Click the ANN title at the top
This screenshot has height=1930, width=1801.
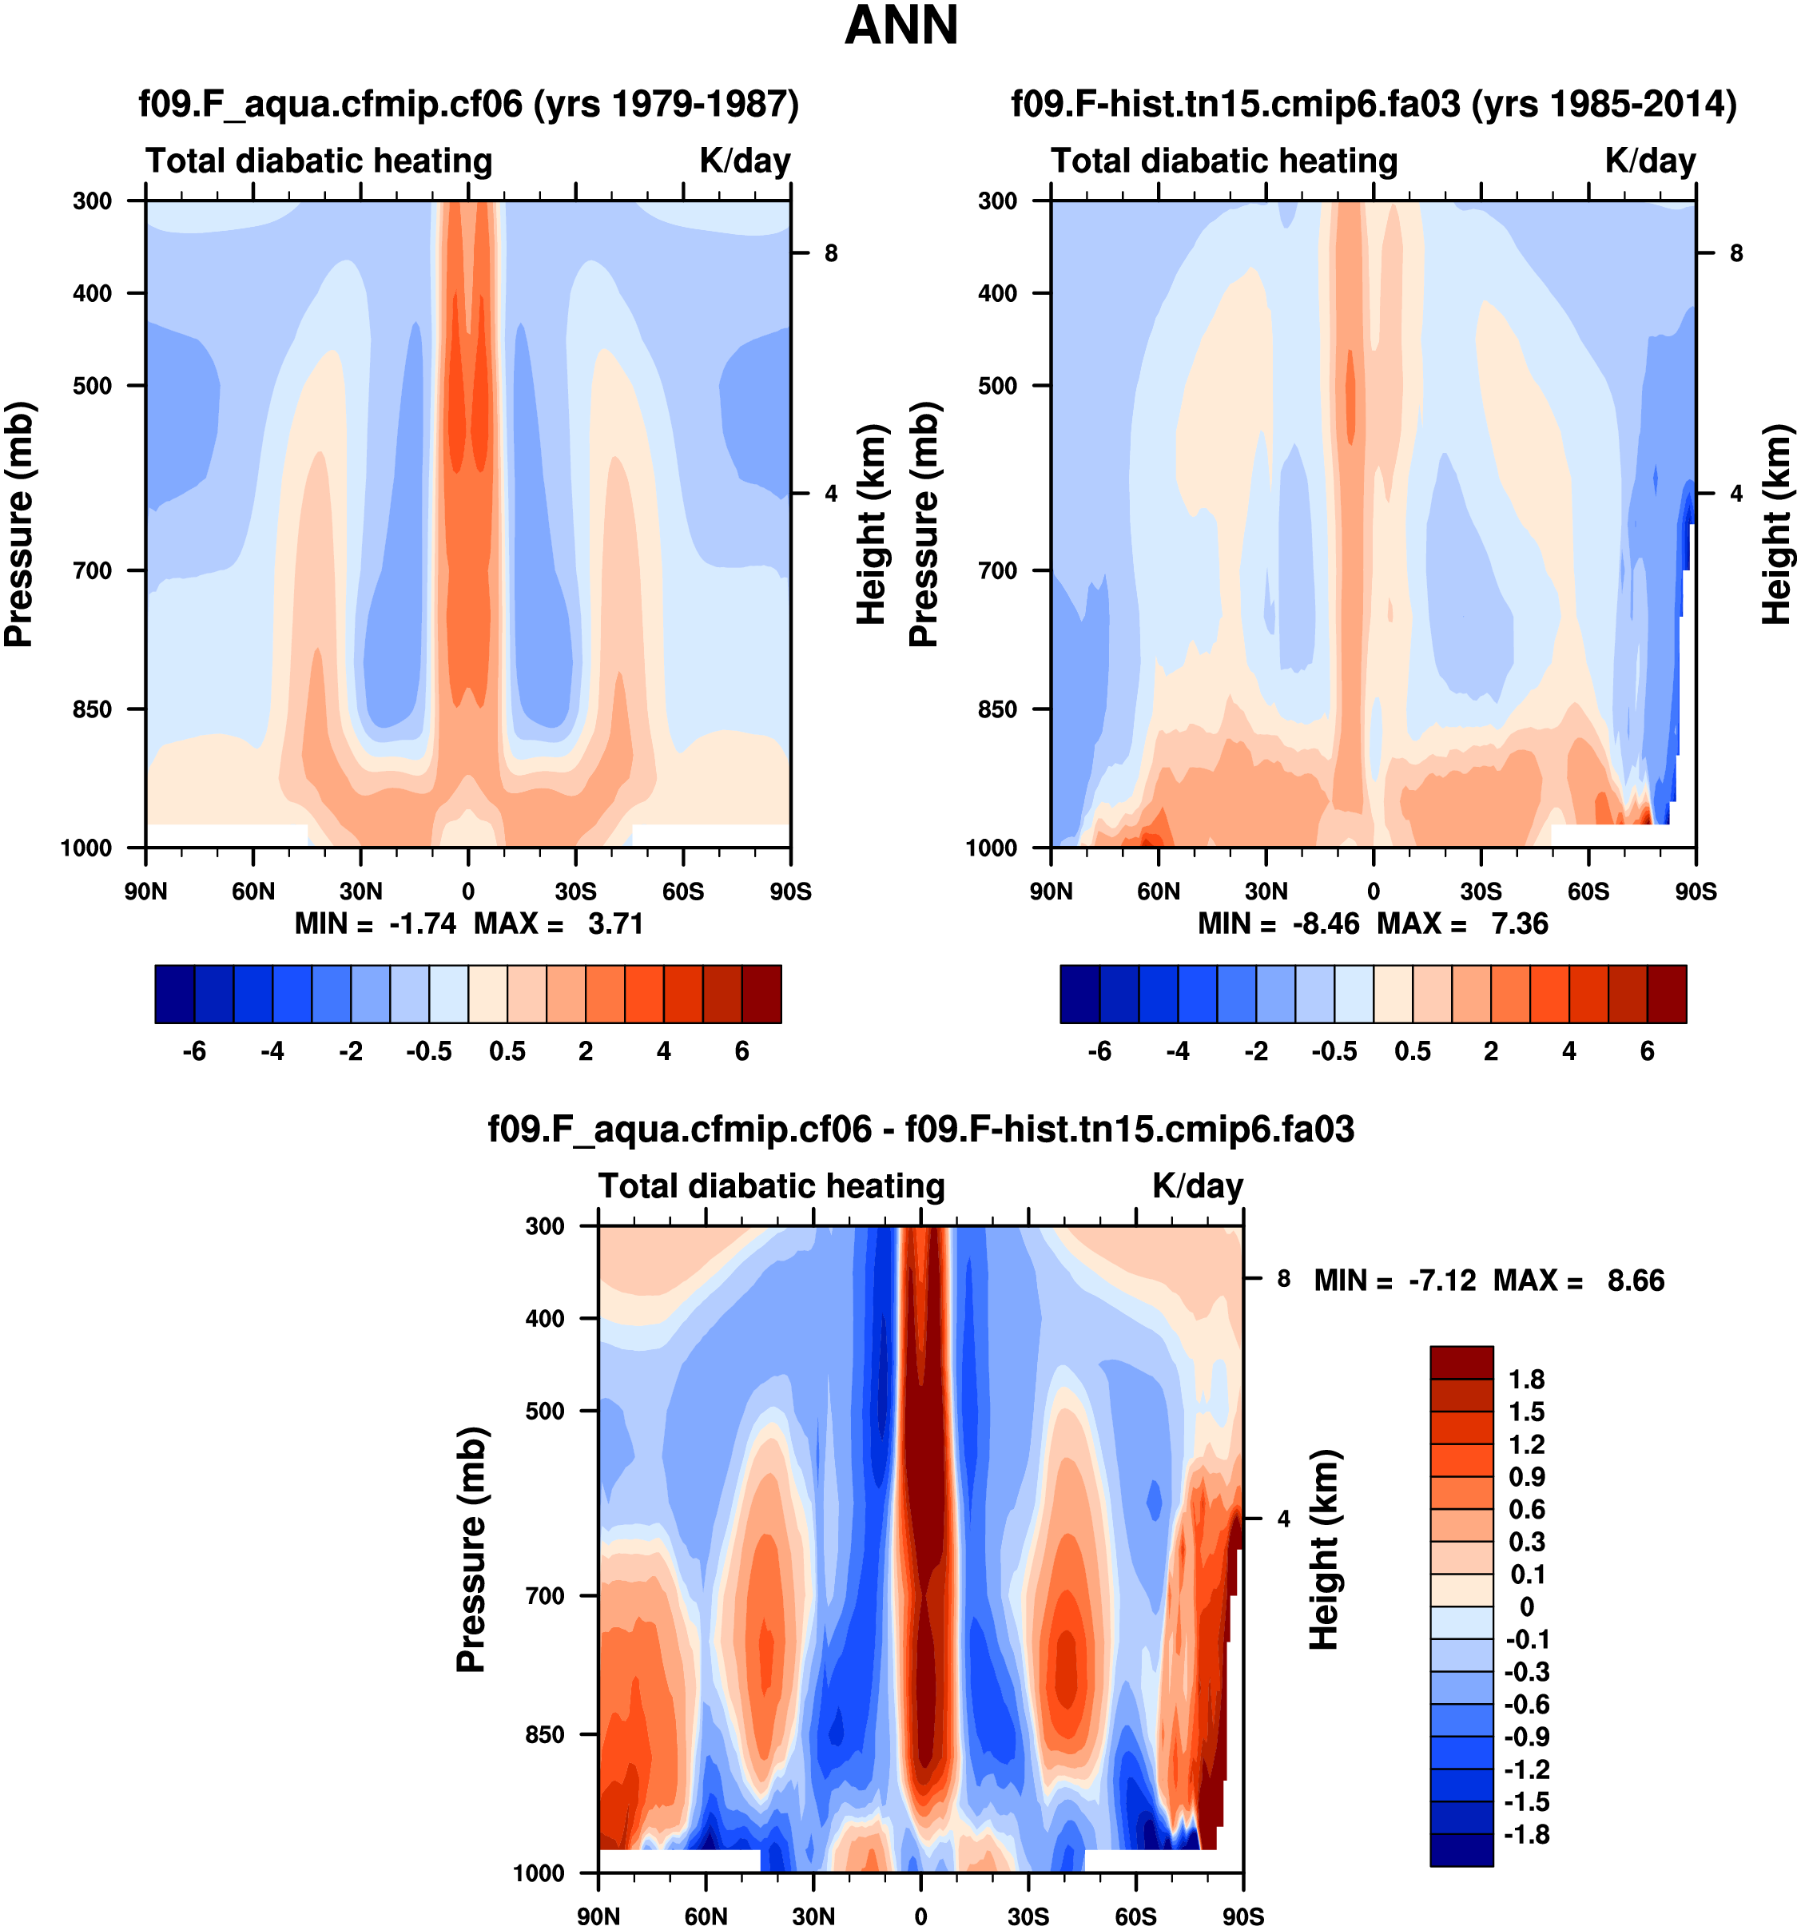901,26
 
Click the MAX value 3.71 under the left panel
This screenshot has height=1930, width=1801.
615,923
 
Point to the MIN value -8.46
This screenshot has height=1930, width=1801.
1326,923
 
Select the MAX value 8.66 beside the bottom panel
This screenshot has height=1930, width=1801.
1636,1281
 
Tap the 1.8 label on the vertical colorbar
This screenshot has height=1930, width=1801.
1526,1380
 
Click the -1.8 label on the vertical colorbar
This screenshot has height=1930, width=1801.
1526,1835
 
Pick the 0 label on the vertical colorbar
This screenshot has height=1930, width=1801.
1526,1606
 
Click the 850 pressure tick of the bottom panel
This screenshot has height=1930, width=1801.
545,1734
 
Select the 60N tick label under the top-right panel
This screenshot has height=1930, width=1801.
1159,892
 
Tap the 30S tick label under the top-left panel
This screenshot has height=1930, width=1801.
576,892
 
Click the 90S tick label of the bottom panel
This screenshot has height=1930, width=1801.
1242,1916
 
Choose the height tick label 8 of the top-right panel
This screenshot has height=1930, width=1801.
1737,253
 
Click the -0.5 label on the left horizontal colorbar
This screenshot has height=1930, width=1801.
429,1051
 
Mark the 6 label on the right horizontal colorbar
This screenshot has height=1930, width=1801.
1648,1051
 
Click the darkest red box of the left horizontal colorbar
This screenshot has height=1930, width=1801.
761,994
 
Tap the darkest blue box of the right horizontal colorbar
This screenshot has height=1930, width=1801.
1079,994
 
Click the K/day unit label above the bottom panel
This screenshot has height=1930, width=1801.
1197,1186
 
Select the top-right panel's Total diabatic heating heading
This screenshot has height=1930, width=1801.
1224,161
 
